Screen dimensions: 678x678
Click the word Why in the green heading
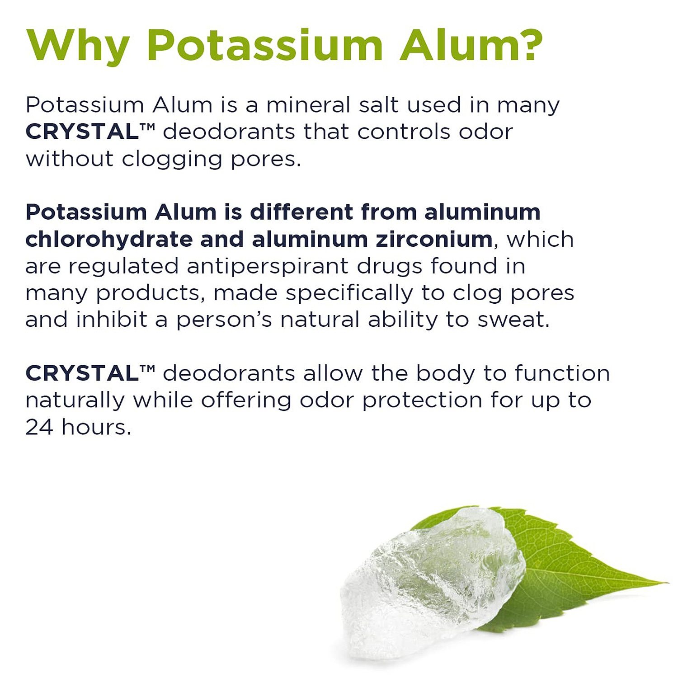tap(78, 46)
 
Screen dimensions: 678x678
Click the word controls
tap(404, 132)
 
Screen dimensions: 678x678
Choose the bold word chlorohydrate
tap(109, 239)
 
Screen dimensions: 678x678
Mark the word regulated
tap(124, 267)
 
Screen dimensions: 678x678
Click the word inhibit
tap(112, 320)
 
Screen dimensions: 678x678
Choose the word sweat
tap(513, 320)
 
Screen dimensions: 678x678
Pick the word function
tap(562, 373)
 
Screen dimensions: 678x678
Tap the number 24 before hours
tap(39, 427)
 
